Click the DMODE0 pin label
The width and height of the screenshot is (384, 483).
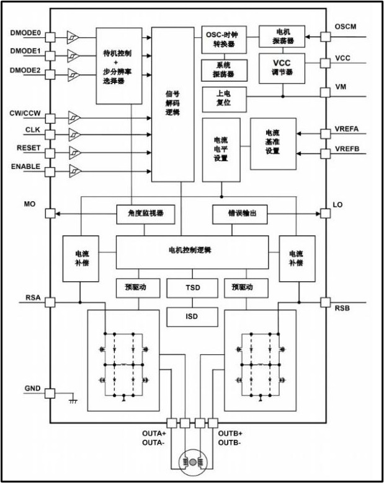25,32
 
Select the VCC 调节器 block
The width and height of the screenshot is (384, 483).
282,67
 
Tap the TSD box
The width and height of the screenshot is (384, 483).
192,287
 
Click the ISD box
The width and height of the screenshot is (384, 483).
192,316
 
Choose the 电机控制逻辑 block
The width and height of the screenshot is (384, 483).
192,250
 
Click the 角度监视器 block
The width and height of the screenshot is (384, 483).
145,214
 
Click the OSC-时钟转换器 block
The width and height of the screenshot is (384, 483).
223,38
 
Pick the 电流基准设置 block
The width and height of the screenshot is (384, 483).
273,142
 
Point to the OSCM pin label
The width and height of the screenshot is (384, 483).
346,27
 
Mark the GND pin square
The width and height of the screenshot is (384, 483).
50,393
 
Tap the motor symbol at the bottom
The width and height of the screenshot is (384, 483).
192,462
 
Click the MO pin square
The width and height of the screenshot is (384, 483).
50,214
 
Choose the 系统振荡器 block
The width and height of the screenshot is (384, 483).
221,68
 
